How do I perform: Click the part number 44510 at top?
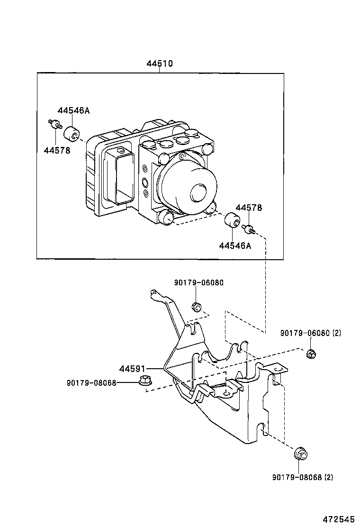159,64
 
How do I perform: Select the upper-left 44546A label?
73,110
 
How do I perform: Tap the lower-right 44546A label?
235,245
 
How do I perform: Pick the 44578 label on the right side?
249,208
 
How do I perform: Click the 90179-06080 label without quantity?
198,282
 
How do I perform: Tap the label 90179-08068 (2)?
302,477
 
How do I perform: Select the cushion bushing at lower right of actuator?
231,221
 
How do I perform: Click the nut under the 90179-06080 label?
197,307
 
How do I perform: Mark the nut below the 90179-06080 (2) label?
311,354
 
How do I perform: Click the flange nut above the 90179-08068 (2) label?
300,454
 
